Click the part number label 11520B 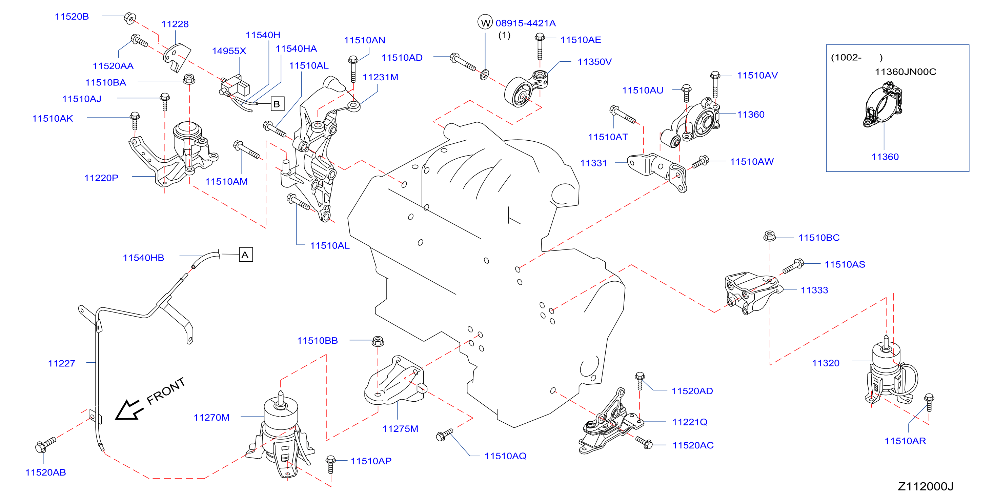click(x=72, y=17)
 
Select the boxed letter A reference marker click(x=246, y=255)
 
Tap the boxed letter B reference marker click(x=278, y=104)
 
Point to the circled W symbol click(x=485, y=22)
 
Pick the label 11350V click(x=594, y=62)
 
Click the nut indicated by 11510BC click(x=769, y=236)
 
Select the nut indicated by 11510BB click(x=378, y=341)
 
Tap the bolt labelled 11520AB click(x=45, y=445)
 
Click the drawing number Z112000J click(x=925, y=486)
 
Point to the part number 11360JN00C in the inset click(x=905, y=72)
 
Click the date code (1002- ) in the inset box click(x=857, y=58)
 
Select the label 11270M click(x=211, y=417)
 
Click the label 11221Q click(x=690, y=422)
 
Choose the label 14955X click(x=229, y=51)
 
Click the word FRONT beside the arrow click(x=166, y=391)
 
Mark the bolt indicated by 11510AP click(x=330, y=464)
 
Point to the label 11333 click(x=814, y=290)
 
